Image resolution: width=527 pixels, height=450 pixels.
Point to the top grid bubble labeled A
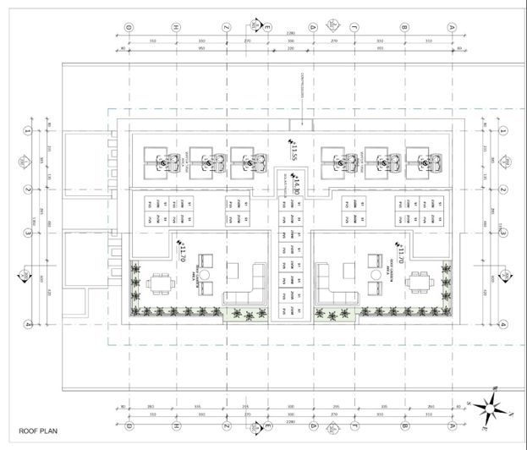pyautogui.click(x=453, y=28)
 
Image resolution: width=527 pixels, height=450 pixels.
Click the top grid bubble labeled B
pyautogui.click(x=404, y=28)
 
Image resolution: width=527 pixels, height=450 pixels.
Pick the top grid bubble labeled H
pyautogui.click(x=176, y=28)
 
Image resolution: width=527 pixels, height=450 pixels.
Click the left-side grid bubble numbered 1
pyautogui.click(x=27, y=132)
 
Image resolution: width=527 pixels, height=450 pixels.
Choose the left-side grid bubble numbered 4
pyautogui.click(x=27, y=323)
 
